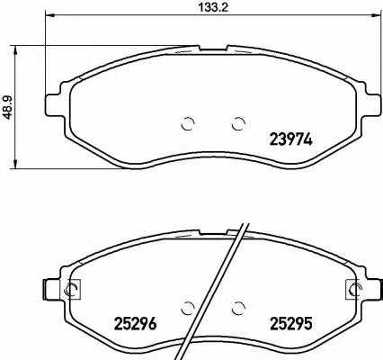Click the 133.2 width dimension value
coord(213,7)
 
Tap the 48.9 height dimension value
coord(10,107)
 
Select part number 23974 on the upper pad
coord(291,139)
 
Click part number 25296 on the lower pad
coord(135,324)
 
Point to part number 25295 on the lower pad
coord(291,324)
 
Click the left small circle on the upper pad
coord(188,123)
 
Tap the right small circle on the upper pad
coord(238,123)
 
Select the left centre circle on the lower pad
coord(188,307)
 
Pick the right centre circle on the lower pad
coord(238,307)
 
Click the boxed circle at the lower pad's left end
coord(72,289)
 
